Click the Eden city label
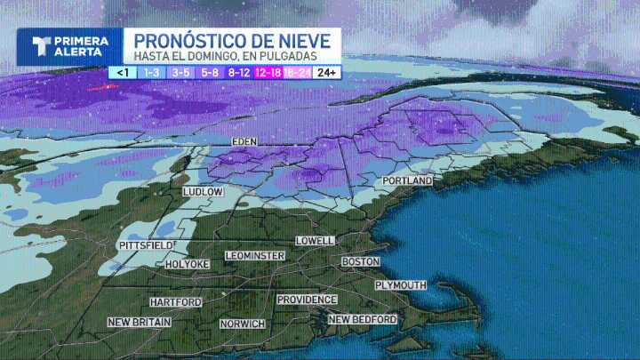point(244,142)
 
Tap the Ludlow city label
point(203,192)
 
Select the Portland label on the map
point(407,181)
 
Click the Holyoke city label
point(188,264)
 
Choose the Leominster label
point(256,256)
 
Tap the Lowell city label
point(315,241)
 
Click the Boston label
point(360,262)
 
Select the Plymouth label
point(400,285)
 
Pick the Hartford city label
point(176,302)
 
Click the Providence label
point(307,300)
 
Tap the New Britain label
point(140,322)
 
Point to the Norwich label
point(243,324)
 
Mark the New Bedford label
point(363,319)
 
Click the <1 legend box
point(123,72)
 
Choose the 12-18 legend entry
point(268,72)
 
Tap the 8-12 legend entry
point(238,72)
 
